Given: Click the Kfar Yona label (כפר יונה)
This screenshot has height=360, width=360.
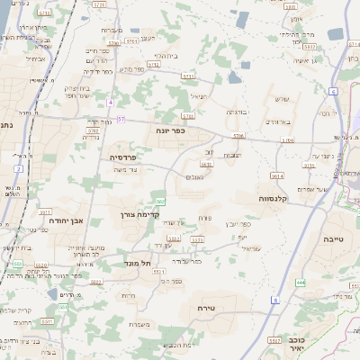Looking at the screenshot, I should tap(168, 130).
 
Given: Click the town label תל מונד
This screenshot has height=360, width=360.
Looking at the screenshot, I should tap(139, 264).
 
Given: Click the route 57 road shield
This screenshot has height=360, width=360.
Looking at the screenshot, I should tap(121, 119).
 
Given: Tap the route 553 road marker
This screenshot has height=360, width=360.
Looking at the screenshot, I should tap(18, 264).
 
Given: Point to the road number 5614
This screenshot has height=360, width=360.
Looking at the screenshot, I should tap(278, 176).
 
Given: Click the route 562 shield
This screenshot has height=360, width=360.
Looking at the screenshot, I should tap(160, 201).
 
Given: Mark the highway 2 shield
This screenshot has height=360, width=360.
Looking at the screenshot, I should tap(18, 168).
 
